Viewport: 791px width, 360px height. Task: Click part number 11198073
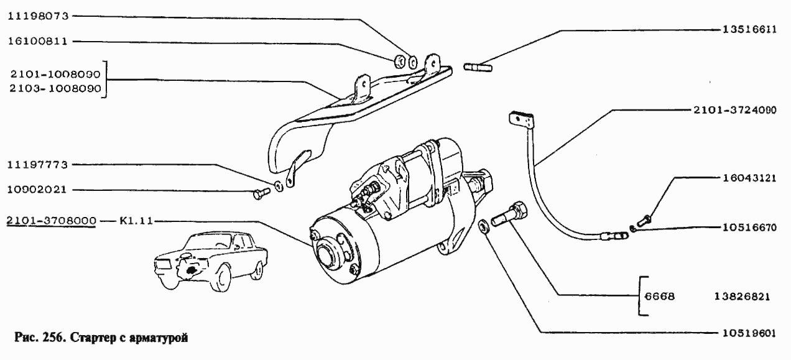(x=38, y=16)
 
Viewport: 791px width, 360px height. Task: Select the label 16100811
(x=38, y=41)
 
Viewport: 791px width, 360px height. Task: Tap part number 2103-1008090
(x=55, y=88)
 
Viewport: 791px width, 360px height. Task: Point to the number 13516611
(x=750, y=29)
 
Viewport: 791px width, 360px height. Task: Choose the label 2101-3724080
(x=735, y=110)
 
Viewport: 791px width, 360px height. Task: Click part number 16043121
(x=749, y=178)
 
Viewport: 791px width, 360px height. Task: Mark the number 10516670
(x=750, y=228)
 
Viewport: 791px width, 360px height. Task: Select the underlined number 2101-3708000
(x=52, y=221)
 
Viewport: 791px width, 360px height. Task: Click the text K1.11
(x=136, y=221)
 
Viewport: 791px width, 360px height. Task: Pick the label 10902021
(x=37, y=190)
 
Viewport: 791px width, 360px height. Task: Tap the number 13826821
(x=742, y=297)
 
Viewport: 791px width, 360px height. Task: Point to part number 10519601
(x=749, y=333)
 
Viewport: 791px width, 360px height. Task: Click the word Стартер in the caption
(x=93, y=338)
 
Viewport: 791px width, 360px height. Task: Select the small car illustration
(x=211, y=261)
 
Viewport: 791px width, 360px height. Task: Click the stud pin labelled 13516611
(x=478, y=67)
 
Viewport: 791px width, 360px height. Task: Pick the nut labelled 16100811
(x=399, y=62)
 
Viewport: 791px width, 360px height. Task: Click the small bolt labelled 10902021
(x=262, y=193)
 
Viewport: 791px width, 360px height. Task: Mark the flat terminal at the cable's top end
(x=522, y=120)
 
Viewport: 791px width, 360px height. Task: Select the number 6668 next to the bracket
(x=660, y=297)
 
